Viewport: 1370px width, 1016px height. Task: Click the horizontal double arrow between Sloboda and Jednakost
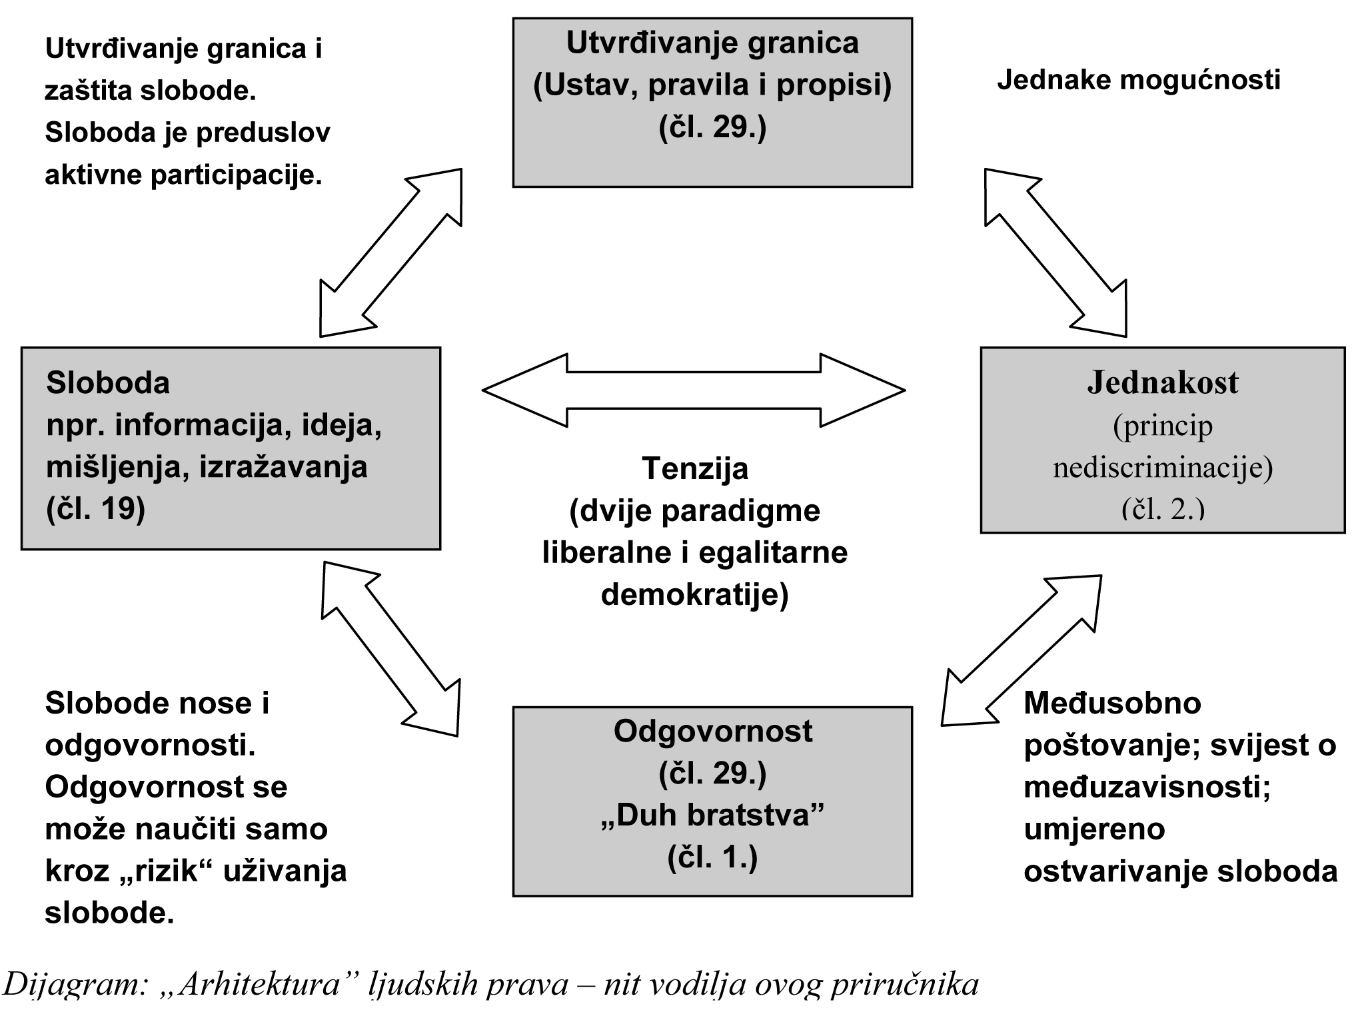[693, 390]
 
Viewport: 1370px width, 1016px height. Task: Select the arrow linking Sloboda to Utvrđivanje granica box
[390, 253]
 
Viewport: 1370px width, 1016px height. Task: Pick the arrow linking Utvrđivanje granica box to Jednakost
[1055, 253]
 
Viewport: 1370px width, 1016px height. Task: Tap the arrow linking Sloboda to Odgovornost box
[390, 649]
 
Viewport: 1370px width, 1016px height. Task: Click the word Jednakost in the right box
[1163, 383]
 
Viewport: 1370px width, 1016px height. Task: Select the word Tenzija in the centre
[695, 469]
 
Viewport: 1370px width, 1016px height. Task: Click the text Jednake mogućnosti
[1138, 80]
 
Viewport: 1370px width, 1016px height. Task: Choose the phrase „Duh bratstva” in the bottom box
[712, 815]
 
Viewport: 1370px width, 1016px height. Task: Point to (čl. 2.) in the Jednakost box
[1163, 509]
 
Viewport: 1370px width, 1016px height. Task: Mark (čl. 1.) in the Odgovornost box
[712, 857]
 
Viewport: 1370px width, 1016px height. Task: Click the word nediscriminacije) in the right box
[1163, 468]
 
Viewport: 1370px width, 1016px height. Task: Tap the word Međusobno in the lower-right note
[1112, 704]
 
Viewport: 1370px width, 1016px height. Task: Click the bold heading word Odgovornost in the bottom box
[712, 732]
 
